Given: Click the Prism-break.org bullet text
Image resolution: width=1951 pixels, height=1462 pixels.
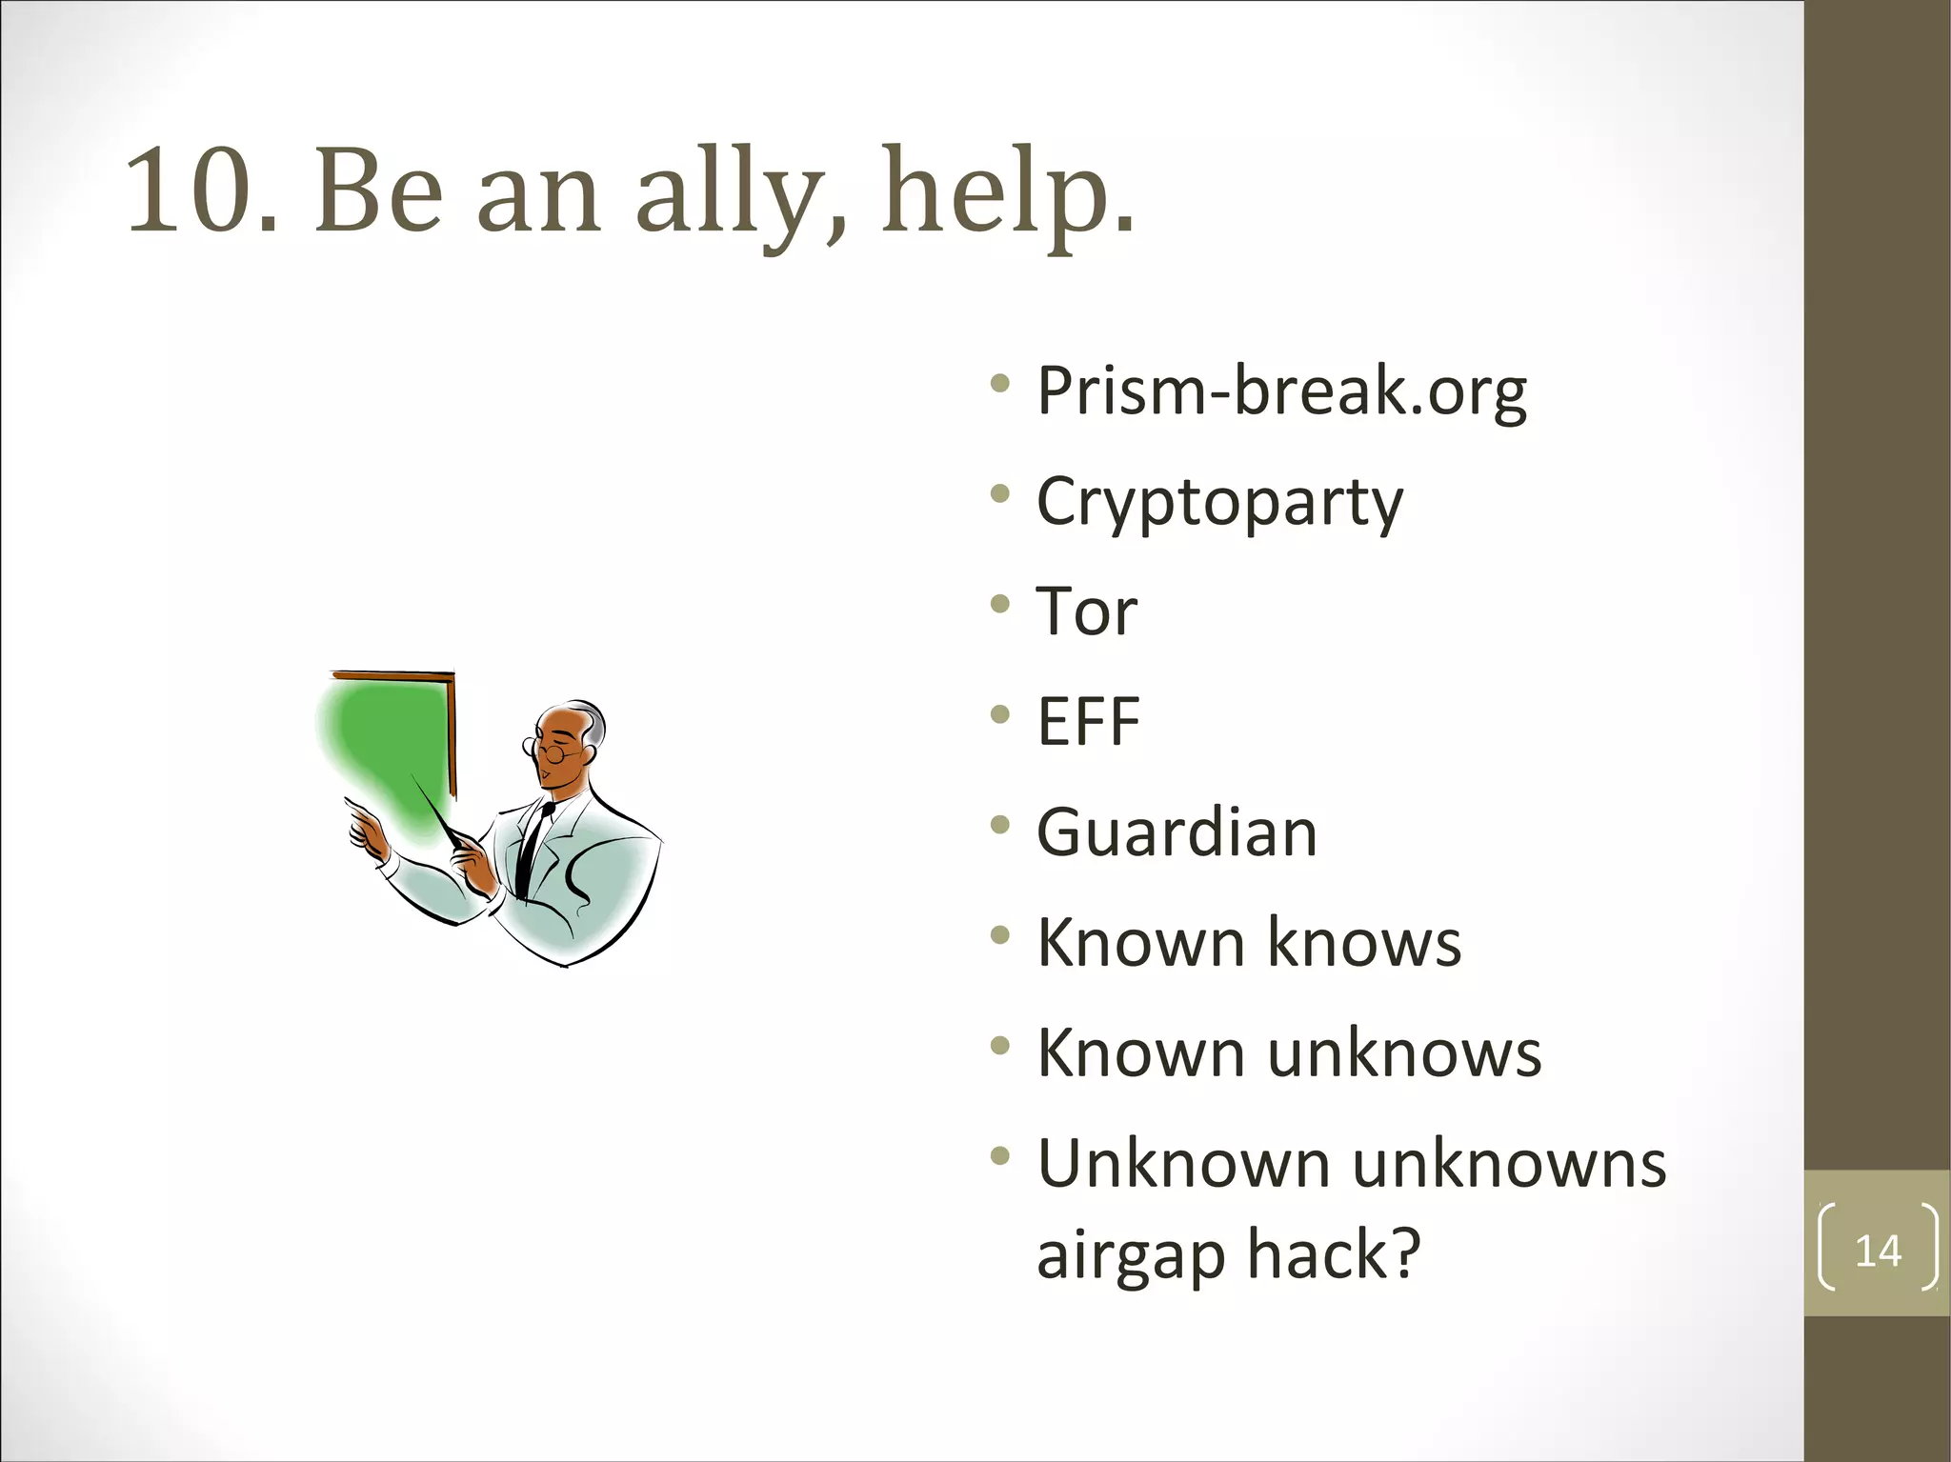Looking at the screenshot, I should click(x=1281, y=391).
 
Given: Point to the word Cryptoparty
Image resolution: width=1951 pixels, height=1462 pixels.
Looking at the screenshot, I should click(x=1219, y=502).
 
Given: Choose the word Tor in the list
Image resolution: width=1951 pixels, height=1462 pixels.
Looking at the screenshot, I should click(x=1086, y=611).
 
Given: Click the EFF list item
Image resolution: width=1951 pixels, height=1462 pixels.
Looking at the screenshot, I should click(x=1088, y=721).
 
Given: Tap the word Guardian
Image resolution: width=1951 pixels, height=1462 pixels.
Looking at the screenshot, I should click(x=1177, y=832).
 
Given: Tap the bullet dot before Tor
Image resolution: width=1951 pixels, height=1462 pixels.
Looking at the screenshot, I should click(x=999, y=604).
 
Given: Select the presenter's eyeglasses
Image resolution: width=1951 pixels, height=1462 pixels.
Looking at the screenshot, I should click(x=551, y=751).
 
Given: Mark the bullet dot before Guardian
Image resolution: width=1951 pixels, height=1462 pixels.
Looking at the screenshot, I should click(x=999, y=825).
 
